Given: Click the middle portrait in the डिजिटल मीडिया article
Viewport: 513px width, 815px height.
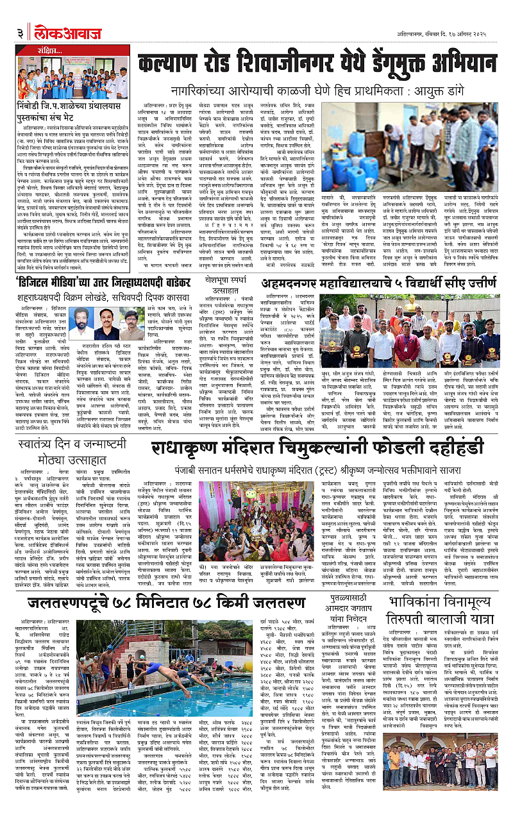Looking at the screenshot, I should [x=108, y=324].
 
